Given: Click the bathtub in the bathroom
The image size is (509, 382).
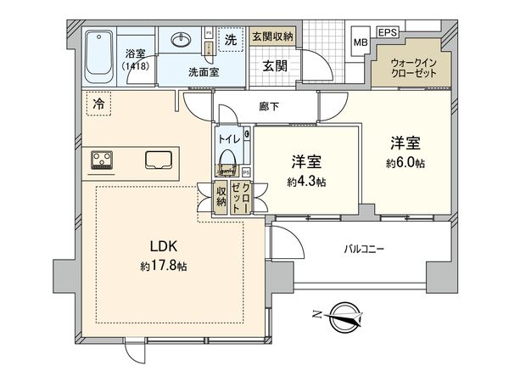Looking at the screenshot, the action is (99, 57).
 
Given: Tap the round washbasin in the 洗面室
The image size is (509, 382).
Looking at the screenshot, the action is (181, 40).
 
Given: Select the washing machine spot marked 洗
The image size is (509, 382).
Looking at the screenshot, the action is (231, 40).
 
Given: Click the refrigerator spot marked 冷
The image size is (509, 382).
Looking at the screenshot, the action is (98, 104).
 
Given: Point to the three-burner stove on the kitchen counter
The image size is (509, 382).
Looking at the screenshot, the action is (102, 160).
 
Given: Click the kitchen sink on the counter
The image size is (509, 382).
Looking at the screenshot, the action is (159, 160).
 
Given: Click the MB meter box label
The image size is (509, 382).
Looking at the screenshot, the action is (361, 42).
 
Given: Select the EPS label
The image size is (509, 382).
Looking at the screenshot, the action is (388, 32).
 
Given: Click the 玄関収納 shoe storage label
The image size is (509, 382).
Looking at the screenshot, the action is (272, 37).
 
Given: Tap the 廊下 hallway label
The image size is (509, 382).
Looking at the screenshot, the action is (269, 106).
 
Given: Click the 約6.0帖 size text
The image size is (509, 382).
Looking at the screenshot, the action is (406, 163).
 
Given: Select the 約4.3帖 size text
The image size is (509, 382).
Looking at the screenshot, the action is (306, 182).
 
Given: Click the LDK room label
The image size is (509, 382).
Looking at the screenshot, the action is (164, 246).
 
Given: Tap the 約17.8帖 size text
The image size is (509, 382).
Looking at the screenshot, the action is (163, 267).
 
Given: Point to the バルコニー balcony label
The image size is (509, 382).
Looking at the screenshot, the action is (364, 250).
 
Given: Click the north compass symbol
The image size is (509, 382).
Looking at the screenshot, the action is (341, 317).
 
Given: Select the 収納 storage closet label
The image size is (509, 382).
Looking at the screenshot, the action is (221, 197).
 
